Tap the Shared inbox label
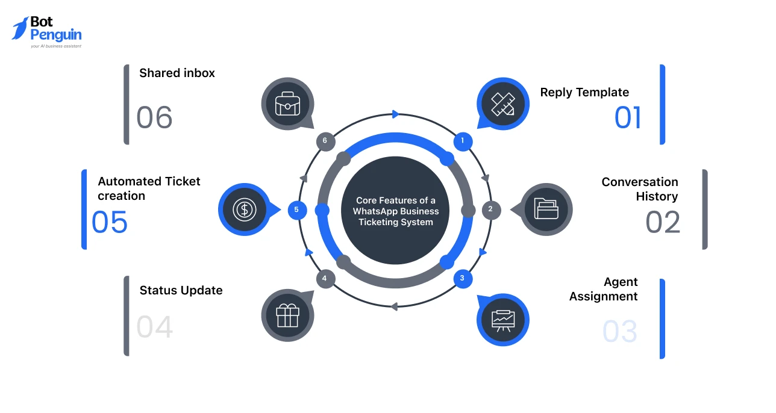point(177,73)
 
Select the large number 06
point(154,117)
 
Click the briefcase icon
point(287,104)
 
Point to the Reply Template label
point(584,92)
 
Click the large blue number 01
point(628,118)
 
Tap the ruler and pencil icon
point(502,104)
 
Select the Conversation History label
point(639,189)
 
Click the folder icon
point(546,210)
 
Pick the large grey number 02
point(663,222)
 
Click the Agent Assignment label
point(603,289)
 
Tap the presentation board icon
point(502,320)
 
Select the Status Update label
point(181,290)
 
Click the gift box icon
point(287,315)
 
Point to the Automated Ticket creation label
point(149,188)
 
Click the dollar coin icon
point(244,210)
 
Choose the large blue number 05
point(110,222)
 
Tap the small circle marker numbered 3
point(462,278)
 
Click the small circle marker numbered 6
point(325,141)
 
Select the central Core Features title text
point(395,211)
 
